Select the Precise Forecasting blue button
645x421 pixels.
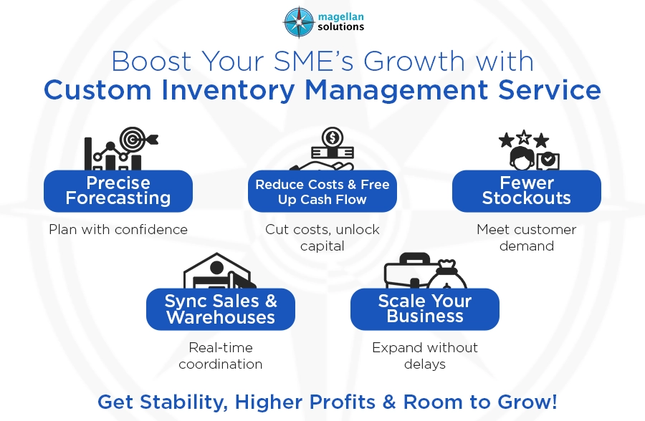pyautogui.click(x=118, y=190)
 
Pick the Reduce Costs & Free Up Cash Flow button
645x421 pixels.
pyautogui.click(x=322, y=192)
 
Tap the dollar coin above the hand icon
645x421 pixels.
pyautogui.click(x=332, y=136)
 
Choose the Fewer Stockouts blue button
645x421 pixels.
pyautogui.click(x=526, y=190)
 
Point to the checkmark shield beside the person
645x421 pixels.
pyautogui.click(x=548, y=160)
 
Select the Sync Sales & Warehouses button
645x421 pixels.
pyautogui.click(x=221, y=309)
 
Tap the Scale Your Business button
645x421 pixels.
pyautogui.click(x=425, y=309)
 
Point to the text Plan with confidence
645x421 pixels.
pyautogui.click(x=118, y=230)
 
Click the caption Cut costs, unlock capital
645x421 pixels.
pyautogui.click(x=322, y=238)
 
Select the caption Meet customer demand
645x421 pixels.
pyautogui.click(x=526, y=238)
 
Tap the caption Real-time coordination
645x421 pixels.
pyautogui.click(x=221, y=356)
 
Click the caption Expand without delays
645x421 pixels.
pyautogui.click(x=425, y=356)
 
